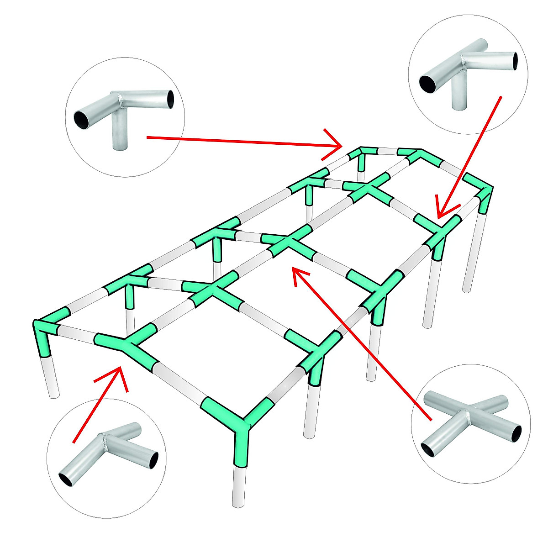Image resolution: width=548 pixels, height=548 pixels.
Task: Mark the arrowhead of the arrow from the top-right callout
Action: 441,213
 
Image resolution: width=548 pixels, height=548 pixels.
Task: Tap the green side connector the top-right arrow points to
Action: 438,233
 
